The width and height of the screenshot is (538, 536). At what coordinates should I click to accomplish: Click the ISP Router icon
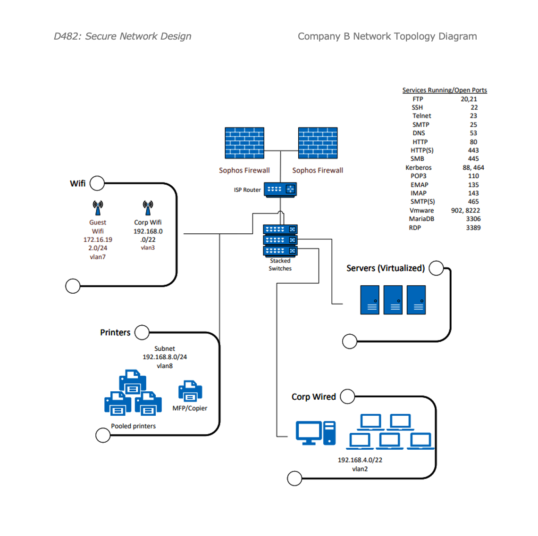[x=280, y=190]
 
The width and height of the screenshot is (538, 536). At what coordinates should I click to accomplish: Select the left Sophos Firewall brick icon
[x=244, y=143]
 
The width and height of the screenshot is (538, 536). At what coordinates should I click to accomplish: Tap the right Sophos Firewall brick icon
[x=318, y=143]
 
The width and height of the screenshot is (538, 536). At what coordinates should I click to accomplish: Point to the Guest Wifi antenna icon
[x=98, y=207]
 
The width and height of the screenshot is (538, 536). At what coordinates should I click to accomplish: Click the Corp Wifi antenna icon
[x=148, y=207]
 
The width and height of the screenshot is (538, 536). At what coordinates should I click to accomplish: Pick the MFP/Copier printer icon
[x=190, y=391]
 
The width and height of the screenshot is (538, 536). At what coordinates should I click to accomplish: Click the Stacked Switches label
[x=280, y=264]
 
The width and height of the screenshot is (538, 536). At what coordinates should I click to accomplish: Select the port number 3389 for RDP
[x=473, y=228]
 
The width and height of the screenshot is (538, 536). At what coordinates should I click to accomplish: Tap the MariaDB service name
[x=421, y=219]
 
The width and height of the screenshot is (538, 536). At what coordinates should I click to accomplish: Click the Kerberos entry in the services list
[x=419, y=167]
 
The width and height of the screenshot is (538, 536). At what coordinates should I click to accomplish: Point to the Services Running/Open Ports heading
[x=445, y=90]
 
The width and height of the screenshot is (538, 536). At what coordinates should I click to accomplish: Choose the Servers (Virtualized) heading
[x=386, y=268]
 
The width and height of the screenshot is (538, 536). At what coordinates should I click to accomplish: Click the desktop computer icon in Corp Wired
[x=315, y=433]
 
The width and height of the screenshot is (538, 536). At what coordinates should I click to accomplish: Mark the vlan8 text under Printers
[x=165, y=366]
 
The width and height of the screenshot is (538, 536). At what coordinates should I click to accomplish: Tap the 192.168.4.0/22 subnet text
[x=360, y=460]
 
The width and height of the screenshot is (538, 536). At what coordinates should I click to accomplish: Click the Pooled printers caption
[x=134, y=426]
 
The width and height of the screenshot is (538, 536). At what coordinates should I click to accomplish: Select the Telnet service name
[x=422, y=116]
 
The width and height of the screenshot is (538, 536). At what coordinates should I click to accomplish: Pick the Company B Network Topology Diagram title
[x=387, y=36]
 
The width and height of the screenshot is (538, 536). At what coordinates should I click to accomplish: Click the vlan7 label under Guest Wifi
[x=98, y=257]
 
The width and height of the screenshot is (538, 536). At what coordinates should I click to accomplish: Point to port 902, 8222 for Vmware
[x=465, y=210]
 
